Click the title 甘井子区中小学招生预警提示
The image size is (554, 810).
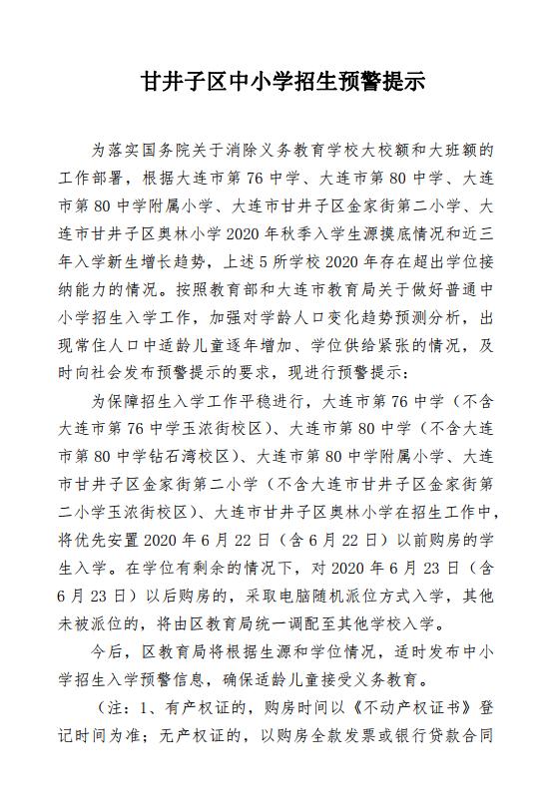point(283,84)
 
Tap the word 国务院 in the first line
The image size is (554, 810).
point(183,153)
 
